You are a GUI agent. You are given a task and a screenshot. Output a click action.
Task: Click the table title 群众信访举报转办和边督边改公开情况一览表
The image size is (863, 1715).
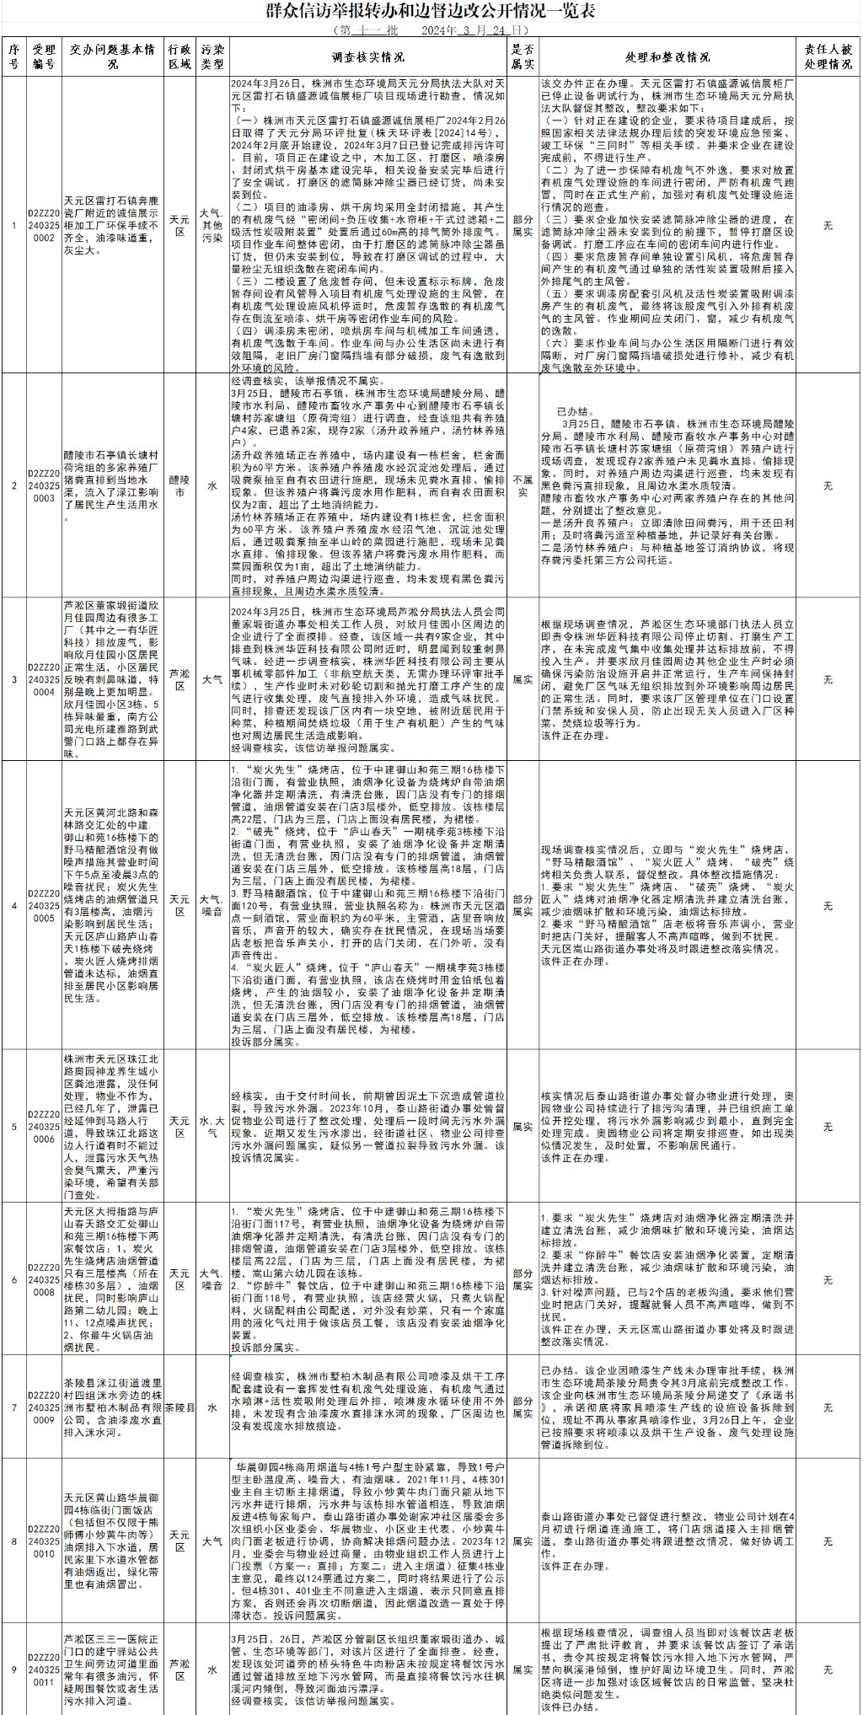[x=431, y=11]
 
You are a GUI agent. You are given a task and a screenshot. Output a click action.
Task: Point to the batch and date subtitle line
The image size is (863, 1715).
[x=431, y=29]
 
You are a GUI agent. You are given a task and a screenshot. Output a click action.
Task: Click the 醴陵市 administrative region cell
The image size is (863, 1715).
[x=179, y=485]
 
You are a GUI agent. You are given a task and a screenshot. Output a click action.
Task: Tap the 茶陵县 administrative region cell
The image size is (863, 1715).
[x=179, y=1407]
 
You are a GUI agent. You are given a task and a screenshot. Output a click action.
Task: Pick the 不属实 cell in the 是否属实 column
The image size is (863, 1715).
[x=523, y=485]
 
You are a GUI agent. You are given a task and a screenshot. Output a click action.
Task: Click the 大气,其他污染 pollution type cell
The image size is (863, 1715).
[x=212, y=226]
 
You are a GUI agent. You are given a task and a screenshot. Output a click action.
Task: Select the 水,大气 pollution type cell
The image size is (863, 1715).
[x=212, y=1127]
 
